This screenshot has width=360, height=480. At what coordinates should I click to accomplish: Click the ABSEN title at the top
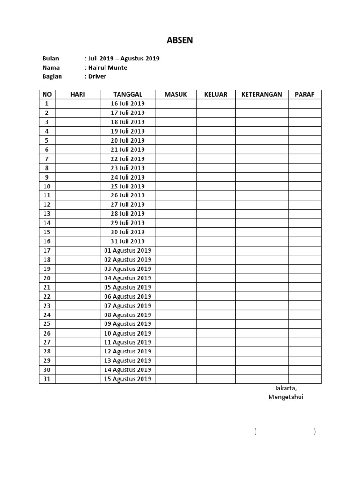[180, 41]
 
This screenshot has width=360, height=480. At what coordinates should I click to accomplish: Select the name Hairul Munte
[107, 67]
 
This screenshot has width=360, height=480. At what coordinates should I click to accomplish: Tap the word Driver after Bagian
[97, 76]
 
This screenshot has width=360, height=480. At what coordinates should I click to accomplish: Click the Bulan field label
[51, 59]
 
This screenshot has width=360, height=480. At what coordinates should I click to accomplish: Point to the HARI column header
[78, 94]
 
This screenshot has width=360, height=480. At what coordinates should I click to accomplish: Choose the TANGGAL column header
[127, 94]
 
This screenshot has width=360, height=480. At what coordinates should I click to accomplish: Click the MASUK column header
[176, 94]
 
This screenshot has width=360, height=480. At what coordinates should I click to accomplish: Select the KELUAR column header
[216, 94]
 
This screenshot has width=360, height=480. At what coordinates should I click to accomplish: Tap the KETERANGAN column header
[262, 94]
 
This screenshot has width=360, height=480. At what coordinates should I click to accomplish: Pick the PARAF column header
[305, 94]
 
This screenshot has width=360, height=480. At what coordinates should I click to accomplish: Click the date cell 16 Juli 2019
[127, 104]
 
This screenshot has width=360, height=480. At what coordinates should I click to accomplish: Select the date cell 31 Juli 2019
[127, 241]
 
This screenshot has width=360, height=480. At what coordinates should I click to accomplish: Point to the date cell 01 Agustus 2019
[127, 250]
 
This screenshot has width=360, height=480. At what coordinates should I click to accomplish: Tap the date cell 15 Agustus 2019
[127, 379]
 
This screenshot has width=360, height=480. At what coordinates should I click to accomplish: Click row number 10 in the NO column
[47, 186]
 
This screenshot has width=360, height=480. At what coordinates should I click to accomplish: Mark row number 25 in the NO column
[47, 324]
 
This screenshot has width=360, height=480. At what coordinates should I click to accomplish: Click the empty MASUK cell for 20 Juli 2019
[176, 140]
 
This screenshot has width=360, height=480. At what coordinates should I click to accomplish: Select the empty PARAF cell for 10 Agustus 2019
[305, 333]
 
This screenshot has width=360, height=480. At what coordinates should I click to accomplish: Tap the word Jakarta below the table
[285, 388]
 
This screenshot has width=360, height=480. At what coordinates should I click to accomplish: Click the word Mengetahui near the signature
[286, 397]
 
